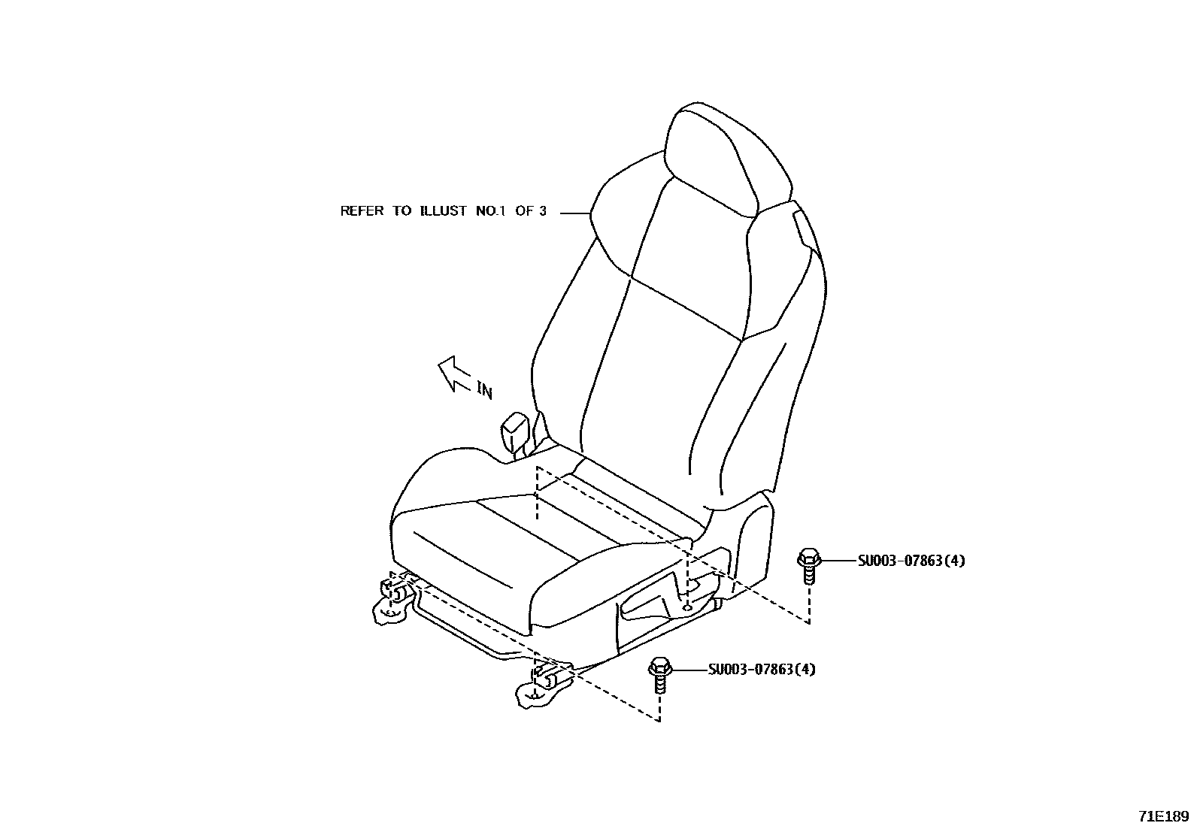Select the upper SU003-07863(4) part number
(x=911, y=561)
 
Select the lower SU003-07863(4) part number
(x=761, y=670)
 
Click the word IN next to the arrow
(x=485, y=389)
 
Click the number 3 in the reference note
(x=542, y=211)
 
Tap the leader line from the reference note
(x=575, y=213)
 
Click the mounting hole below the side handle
(x=687, y=607)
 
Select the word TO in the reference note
(x=401, y=211)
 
